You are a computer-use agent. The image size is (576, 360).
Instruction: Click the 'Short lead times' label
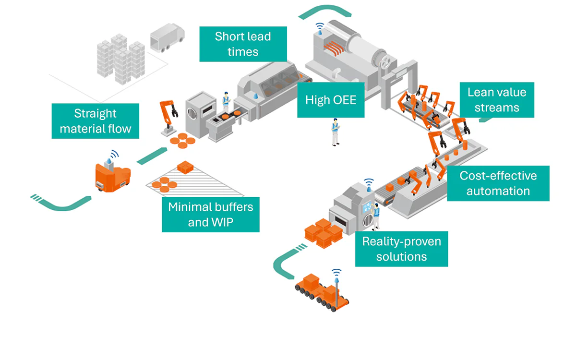tap(243, 44)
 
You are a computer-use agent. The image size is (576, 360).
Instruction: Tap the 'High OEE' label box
tap(331, 100)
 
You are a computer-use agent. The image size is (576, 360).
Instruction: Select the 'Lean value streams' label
tap(497, 100)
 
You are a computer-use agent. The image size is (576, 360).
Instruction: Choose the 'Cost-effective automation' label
tap(498, 183)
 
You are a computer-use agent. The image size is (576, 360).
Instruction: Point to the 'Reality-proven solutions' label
tap(401, 249)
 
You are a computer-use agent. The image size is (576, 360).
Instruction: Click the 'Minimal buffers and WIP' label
tap(210, 215)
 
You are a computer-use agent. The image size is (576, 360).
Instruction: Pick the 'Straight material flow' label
tap(95, 121)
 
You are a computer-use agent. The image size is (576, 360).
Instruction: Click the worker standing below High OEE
tap(336, 132)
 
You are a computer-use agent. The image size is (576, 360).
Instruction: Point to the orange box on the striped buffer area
tap(185, 168)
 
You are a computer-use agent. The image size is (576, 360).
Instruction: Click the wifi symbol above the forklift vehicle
tap(113, 155)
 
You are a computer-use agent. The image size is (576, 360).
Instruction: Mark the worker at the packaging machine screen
tap(376, 215)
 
